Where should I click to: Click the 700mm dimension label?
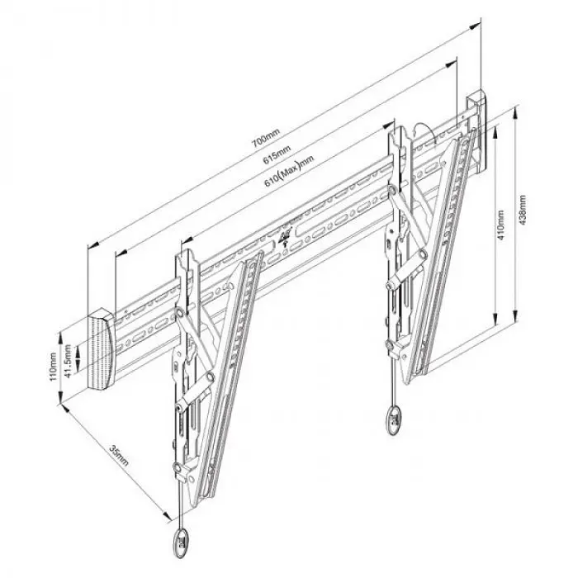click(266, 137)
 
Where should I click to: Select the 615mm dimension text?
click(277, 155)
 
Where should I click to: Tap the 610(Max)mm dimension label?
click(289, 171)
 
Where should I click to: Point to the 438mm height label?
click(522, 210)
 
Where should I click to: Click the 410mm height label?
click(500, 225)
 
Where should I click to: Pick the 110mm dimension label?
click(53, 367)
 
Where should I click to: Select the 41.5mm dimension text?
click(68, 362)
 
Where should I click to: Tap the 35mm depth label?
click(119, 455)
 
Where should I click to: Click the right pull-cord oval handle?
click(395, 420)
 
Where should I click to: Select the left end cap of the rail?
click(101, 349)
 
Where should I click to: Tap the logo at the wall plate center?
click(286, 236)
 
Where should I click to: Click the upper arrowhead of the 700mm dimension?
click(476, 26)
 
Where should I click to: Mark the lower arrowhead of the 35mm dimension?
click(166, 516)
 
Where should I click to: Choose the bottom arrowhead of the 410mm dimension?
click(496, 320)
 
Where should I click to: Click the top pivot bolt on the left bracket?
click(180, 313)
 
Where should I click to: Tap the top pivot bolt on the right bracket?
click(392, 190)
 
